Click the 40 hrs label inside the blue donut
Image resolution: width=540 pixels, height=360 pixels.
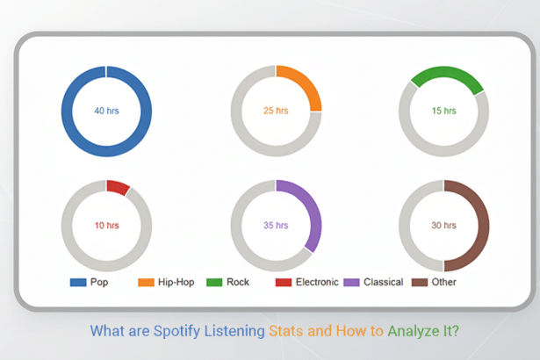point(106,112)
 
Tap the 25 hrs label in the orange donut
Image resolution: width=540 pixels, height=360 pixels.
point(276,112)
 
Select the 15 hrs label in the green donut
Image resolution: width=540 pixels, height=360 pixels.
point(443,112)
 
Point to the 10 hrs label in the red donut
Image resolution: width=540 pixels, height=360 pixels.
point(106,226)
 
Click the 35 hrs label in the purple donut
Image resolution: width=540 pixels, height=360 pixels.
point(276,226)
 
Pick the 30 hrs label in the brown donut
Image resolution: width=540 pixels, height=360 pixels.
point(443,226)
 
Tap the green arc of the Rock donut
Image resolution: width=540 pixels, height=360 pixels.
point(447,74)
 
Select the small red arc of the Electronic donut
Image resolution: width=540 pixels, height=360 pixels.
point(117,187)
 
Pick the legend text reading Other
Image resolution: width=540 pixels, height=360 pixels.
point(444,282)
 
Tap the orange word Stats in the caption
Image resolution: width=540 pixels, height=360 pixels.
point(287,332)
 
